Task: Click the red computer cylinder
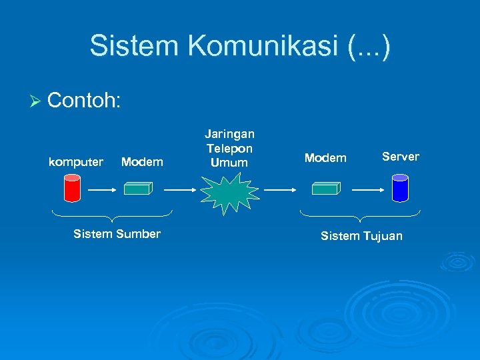(72, 188)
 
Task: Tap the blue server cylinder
(400, 188)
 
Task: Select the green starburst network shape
(229, 191)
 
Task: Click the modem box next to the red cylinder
(139, 189)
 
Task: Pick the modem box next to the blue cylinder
(326, 189)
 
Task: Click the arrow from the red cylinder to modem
(103, 189)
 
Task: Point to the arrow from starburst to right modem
(280, 189)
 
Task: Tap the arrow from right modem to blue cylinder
(367, 189)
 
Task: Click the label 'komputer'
(76, 162)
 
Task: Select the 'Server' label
(400, 157)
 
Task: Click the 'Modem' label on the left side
(142, 162)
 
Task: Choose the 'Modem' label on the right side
(325, 158)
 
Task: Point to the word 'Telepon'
(229, 149)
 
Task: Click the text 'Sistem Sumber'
(117, 234)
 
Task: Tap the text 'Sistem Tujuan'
(361, 236)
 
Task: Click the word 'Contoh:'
(84, 101)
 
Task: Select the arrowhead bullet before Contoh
(36, 101)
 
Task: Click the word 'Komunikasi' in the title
(265, 46)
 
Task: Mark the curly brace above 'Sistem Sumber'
(112, 215)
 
